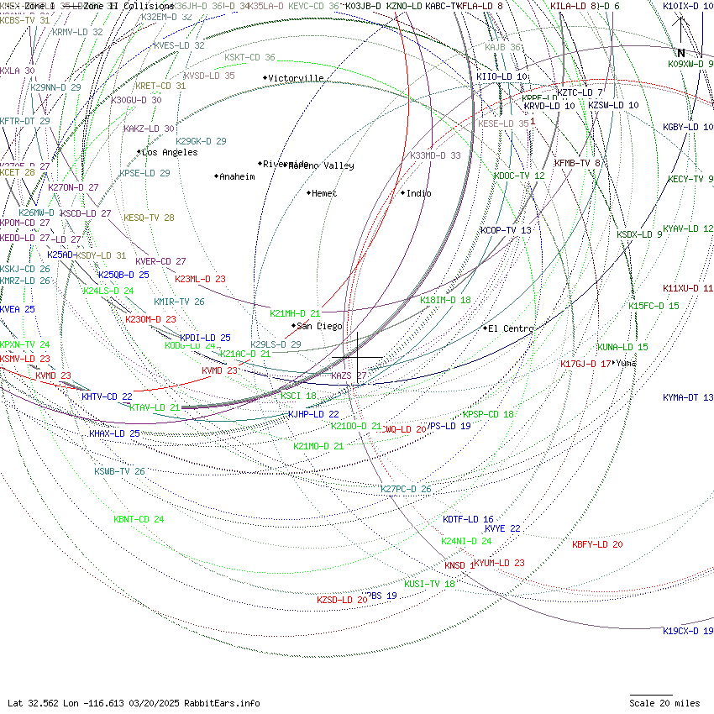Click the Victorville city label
296,78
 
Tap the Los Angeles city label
170,152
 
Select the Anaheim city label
237,176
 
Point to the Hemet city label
324,193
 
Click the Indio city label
418,193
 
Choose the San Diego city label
320,326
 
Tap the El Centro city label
511,328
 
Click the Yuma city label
627,363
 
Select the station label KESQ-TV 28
149,218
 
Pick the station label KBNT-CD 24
139,519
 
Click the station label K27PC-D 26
406,489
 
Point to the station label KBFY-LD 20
597,544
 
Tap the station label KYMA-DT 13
688,397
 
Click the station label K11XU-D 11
688,288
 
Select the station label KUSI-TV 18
429,584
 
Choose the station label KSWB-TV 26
119,471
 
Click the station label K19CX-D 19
688,631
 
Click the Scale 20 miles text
664,703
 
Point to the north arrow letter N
681,53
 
